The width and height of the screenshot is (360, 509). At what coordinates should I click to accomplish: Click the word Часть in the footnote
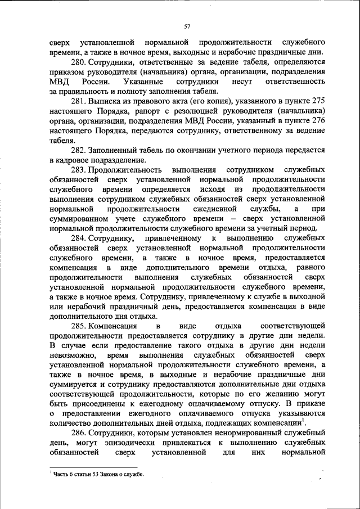pos(63,475)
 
